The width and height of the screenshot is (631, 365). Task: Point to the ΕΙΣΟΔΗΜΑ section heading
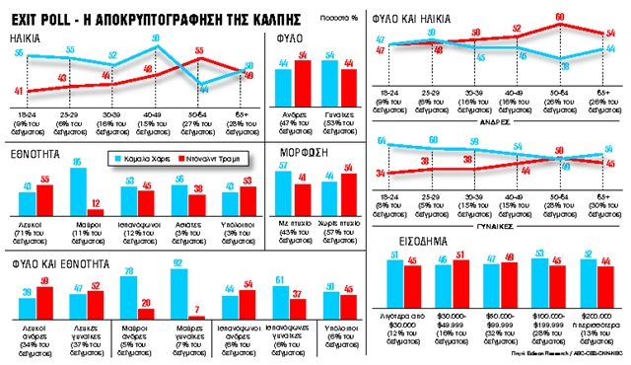click(405, 241)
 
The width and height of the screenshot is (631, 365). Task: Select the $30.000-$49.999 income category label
click(451, 312)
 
